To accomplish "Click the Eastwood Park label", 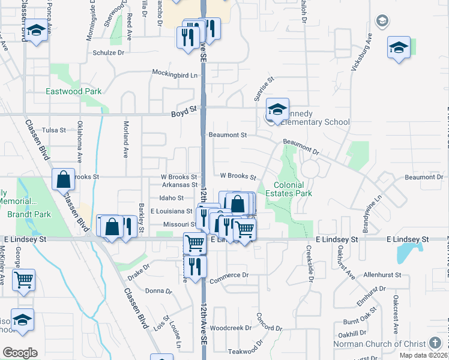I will click(x=74, y=92).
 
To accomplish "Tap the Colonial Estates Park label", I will click(x=293, y=190).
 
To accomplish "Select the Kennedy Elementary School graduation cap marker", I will click(x=277, y=110).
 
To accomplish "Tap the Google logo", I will click(x=20, y=353).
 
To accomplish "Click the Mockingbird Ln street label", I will click(x=174, y=75).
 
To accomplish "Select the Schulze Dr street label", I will click(x=108, y=53).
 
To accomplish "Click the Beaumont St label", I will click(x=228, y=135).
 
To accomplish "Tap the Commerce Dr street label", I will click(x=229, y=275).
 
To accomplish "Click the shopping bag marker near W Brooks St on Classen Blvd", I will click(x=63, y=179).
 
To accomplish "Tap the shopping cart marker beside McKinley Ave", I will click(x=23, y=279).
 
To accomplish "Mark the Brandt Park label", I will click(x=22, y=214).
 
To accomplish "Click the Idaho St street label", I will click(x=172, y=197).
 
